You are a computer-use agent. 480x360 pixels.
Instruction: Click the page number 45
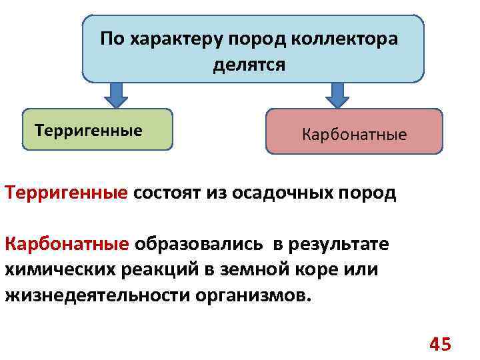click(x=440, y=344)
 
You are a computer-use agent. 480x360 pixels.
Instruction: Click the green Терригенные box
click(x=97, y=129)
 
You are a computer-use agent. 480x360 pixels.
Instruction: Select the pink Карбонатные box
click(x=354, y=132)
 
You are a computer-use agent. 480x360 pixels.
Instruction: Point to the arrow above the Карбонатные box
click(x=338, y=95)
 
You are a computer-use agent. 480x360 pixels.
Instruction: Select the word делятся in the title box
click(x=249, y=65)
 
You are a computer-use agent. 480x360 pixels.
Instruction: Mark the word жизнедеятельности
click(x=97, y=295)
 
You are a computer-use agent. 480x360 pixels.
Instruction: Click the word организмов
click(x=253, y=295)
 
